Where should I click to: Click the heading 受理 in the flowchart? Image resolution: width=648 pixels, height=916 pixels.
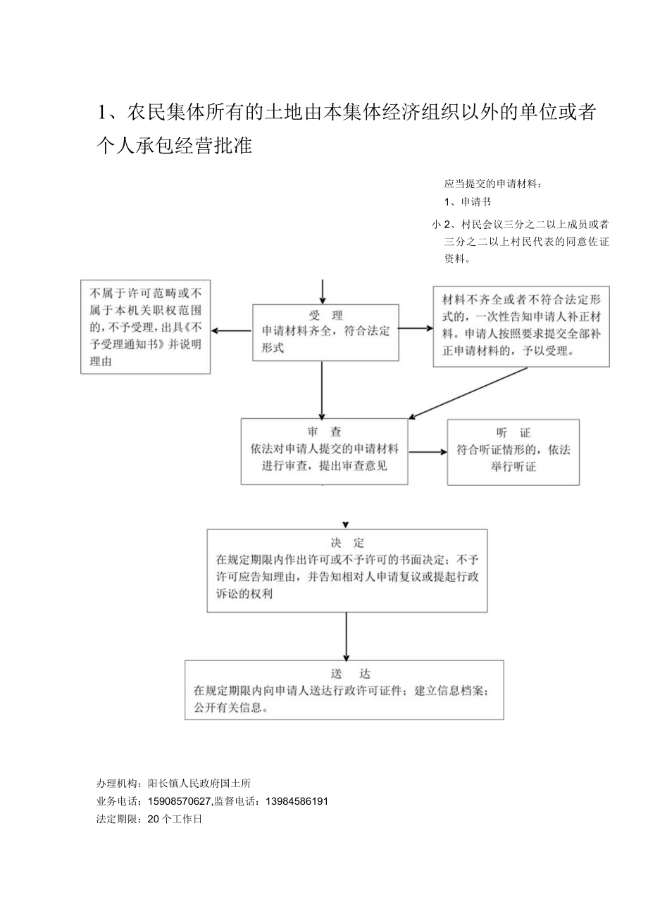pyautogui.click(x=325, y=315)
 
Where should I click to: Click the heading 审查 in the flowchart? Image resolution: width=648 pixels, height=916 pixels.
pyautogui.click(x=324, y=432)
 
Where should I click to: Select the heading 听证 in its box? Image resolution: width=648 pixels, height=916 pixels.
pyautogui.click(x=513, y=433)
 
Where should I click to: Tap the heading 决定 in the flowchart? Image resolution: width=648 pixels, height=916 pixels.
pyautogui.click(x=347, y=543)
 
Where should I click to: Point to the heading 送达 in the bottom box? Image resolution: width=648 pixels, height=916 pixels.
pyautogui.click(x=345, y=674)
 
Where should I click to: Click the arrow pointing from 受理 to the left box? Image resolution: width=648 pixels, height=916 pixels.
pyautogui.click(x=232, y=330)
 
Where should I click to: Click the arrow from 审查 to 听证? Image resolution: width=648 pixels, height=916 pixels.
pyautogui.click(x=428, y=451)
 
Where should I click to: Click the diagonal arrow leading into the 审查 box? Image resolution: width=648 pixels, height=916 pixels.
pyautogui.click(x=468, y=392)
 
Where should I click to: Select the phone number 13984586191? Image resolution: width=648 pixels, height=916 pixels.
pyautogui.click(x=297, y=801)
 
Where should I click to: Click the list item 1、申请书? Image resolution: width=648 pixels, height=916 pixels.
pyautogui.click(x=468, y=202)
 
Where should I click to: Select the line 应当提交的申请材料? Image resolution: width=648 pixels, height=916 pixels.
pyautogui.click(x=493, y=184)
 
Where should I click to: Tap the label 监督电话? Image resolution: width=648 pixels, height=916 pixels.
pyautogui.click(x=239, y=801)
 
